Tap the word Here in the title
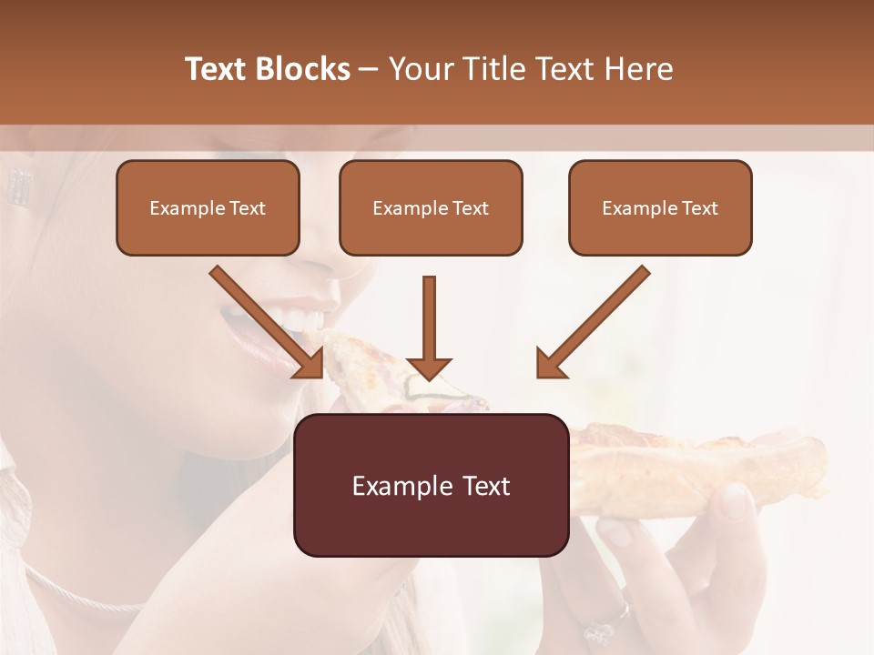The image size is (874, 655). click(637, 69)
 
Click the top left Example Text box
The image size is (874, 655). click(208, 207)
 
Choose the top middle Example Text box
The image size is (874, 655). click(431, 207)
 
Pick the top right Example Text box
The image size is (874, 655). click(660, 207)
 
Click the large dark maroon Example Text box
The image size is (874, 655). click(431, 485)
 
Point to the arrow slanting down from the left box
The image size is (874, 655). click(264, 320)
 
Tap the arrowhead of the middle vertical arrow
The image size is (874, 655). click(429, 368)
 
